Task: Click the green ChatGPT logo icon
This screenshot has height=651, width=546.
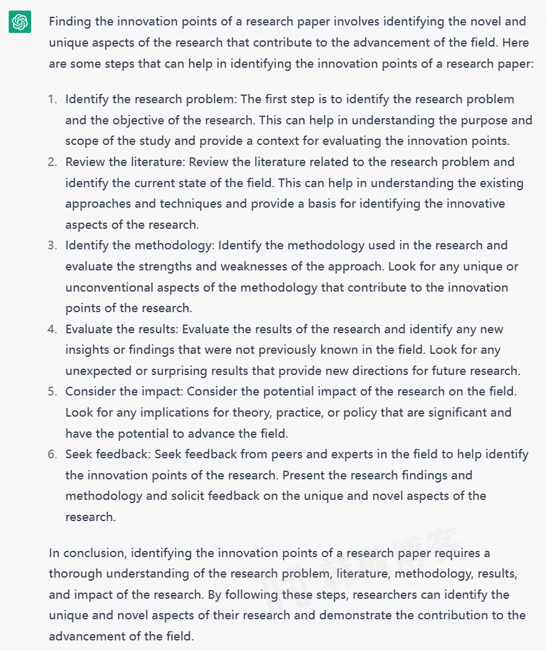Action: click(20, 22)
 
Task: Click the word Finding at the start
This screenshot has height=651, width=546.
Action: click(69, 22)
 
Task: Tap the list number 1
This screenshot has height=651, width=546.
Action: click(52, 99)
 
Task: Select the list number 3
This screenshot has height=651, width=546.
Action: click(52, 246)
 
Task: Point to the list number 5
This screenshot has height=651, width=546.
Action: click(52, 392)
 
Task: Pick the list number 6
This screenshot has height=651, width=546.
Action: click(52, 455)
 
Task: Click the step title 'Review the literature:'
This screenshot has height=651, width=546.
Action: click(125, 162)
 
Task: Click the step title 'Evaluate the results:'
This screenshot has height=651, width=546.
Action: click(122, 329)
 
